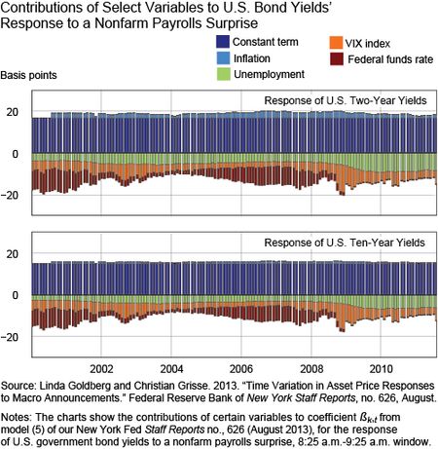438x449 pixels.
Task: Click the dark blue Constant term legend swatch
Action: pos(223,42)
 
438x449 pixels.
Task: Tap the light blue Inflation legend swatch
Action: pos(223,58)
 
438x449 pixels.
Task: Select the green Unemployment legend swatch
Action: pos(223,74)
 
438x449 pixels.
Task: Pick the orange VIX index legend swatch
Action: pos(336,43)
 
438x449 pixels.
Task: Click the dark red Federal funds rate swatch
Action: pos(336,58)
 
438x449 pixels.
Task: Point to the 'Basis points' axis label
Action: pos(28,75)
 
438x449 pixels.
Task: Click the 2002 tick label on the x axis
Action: pos(101,369)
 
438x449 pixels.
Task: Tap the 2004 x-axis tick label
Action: pos(171,369)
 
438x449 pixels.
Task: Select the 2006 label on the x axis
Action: pos(241,369)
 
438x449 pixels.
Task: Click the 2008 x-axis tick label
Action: pos(311,369)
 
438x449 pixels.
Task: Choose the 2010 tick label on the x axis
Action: pos(382,369)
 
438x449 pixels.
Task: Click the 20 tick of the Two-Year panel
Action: pos(13,112)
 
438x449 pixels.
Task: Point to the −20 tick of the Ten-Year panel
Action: pos(10,337)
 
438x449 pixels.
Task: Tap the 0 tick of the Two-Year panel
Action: pos(16,154)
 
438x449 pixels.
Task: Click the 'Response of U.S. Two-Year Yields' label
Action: pos(346,100)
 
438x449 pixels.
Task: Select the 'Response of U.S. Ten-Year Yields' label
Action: pos(345,243)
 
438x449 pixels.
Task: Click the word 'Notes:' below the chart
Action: pos(17,417)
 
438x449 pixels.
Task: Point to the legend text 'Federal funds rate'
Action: pos(390,59)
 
